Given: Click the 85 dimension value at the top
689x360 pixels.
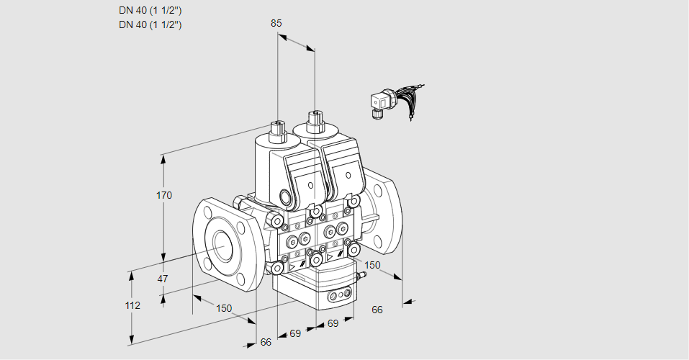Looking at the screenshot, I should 276,23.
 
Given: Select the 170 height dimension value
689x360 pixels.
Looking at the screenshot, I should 164,195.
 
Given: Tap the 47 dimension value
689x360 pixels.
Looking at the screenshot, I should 163,279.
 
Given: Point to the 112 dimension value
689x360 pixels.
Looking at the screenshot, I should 132,305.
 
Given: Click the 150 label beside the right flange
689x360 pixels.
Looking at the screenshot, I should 372,265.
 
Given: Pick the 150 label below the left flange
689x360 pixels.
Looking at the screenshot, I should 224,308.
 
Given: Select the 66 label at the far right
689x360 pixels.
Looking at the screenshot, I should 377,310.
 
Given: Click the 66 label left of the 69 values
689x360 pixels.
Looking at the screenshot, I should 266,342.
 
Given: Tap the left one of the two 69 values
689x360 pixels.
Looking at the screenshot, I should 295,333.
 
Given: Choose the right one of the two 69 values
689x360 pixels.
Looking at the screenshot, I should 333,323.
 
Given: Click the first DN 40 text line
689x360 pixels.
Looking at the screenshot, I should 150,10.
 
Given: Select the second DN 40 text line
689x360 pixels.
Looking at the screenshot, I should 150,24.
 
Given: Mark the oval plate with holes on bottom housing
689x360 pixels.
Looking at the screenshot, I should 339,295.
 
